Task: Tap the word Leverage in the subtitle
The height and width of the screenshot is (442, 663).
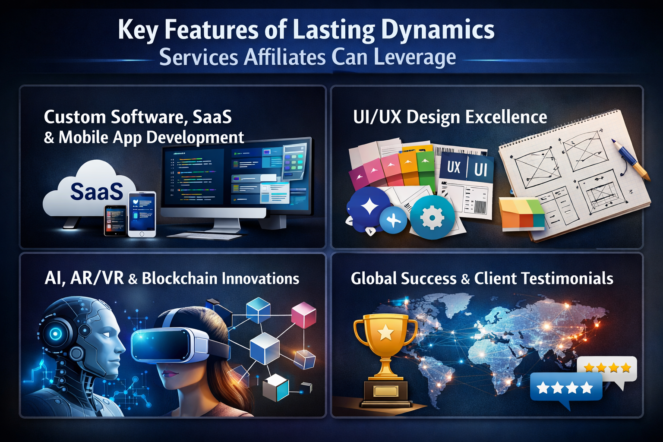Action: [414, 57]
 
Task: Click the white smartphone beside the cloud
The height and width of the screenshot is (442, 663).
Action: [142, 214]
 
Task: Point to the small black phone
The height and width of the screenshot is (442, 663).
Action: [115, 220]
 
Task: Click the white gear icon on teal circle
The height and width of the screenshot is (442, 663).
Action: [432, 218]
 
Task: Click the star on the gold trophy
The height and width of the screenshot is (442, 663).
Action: [385, 333]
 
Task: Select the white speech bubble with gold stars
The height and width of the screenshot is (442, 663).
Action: [607, 370]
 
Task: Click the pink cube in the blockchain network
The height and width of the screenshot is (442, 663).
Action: [304, 315]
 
